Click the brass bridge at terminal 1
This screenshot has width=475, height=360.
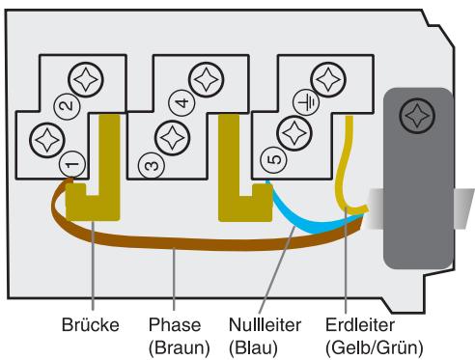[95, 188]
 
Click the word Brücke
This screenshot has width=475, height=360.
[92, 325]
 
